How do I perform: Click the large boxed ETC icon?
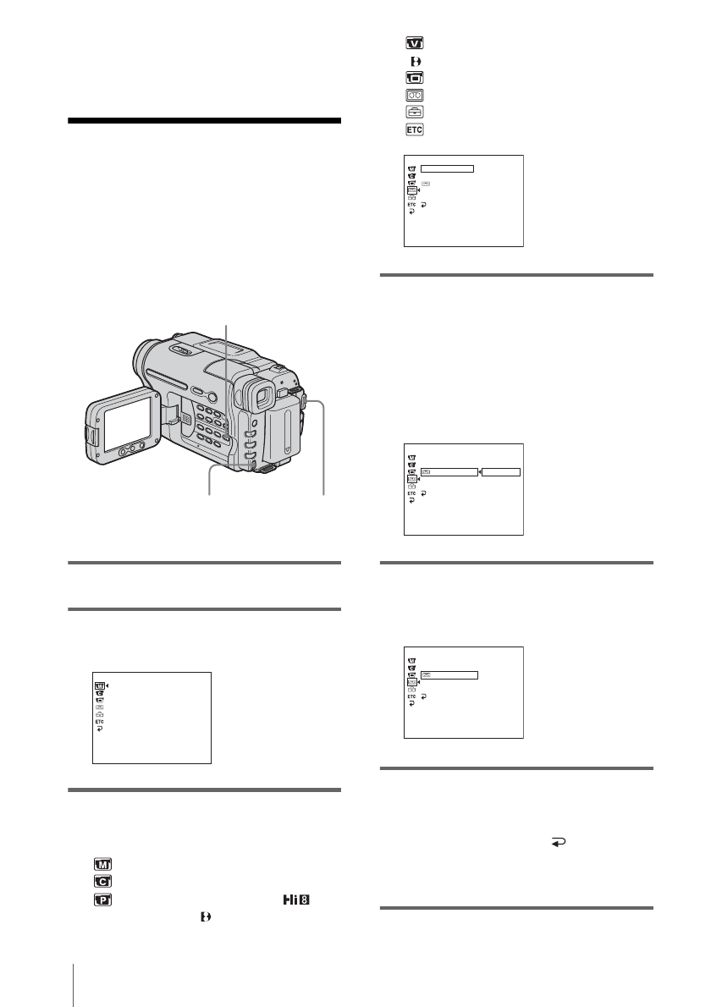415,129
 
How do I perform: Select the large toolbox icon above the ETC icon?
415,112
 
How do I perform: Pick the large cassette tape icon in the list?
415,96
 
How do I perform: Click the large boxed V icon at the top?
415,43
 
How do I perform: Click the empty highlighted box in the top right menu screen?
447,168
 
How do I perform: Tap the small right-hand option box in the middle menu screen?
500,470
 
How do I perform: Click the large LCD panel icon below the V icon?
415,78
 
